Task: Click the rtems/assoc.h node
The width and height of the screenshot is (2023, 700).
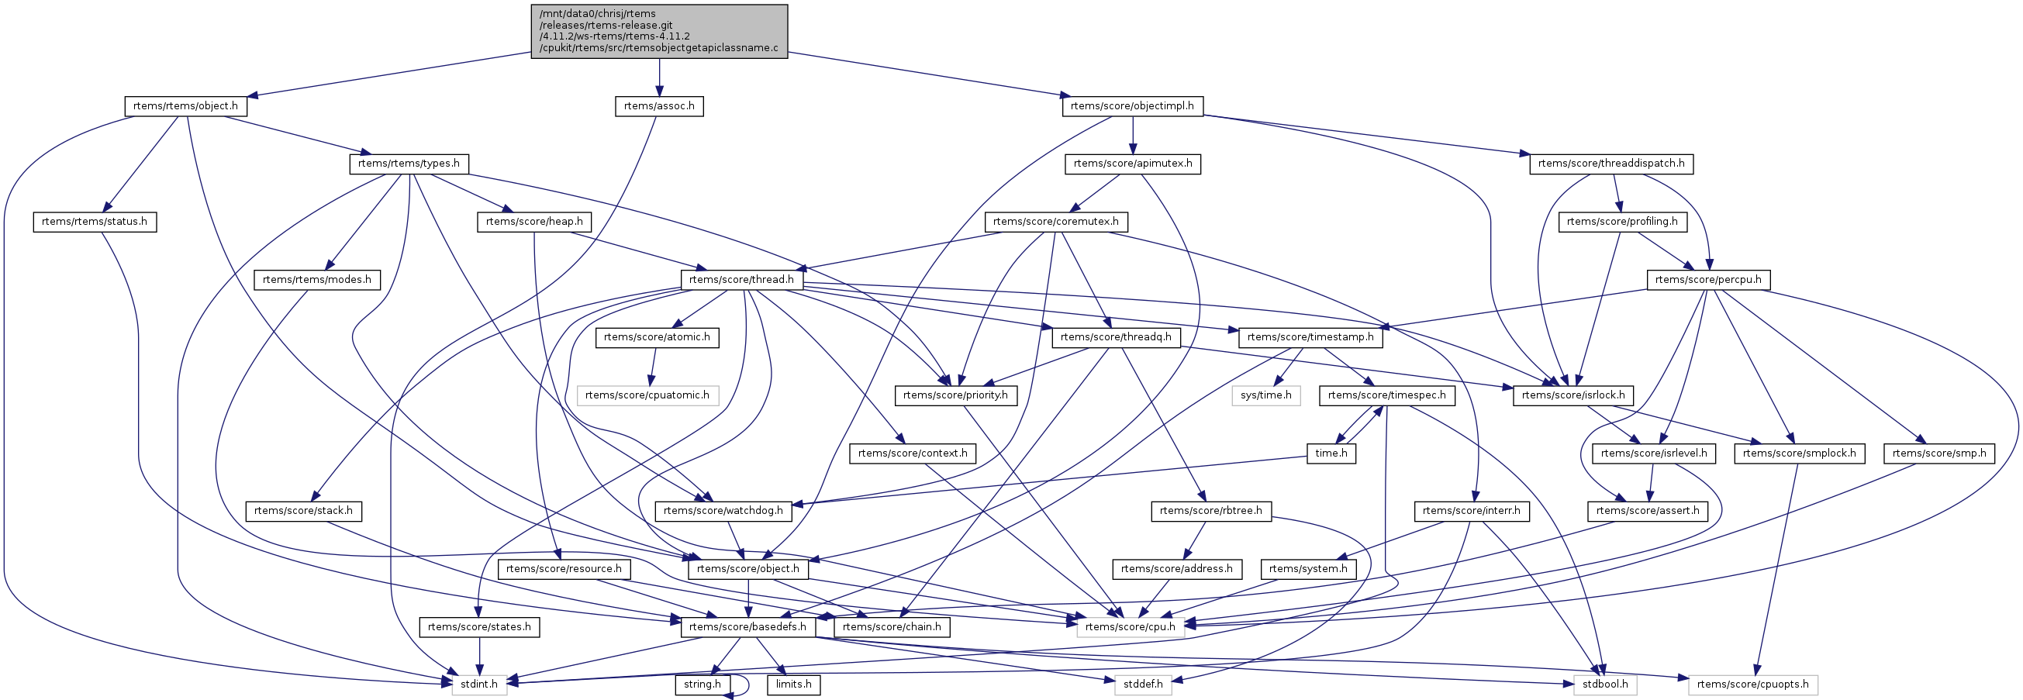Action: click(659, 106)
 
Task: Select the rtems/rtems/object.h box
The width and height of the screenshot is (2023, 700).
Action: click(185, 106)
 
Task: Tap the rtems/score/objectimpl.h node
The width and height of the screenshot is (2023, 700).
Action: click(1132, 106)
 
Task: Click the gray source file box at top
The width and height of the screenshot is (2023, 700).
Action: click(659, 31)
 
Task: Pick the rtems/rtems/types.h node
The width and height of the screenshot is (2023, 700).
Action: click(409, 164)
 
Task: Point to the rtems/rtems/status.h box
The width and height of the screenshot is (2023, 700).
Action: click(95, 222)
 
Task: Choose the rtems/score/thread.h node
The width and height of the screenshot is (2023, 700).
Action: click(741, 280)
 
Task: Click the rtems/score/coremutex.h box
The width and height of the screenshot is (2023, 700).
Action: click(1055, 222)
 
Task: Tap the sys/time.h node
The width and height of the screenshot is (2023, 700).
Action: click(1266, 395)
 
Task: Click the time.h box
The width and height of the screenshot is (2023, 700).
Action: click(1331, 453)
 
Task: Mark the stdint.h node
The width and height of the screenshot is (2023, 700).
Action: click(479, 684)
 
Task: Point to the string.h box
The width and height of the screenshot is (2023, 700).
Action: click(702, 684)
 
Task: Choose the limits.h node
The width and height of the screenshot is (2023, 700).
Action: click(794, 684)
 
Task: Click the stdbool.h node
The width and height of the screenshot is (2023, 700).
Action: click(1605, 684)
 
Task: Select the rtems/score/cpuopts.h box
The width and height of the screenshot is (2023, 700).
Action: click(1753, 684)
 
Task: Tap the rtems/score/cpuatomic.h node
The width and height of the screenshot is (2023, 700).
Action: click(647, 395)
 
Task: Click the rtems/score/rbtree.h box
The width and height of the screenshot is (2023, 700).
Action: click(1210, 511)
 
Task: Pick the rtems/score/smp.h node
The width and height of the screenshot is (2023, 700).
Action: click(1939, 453)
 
